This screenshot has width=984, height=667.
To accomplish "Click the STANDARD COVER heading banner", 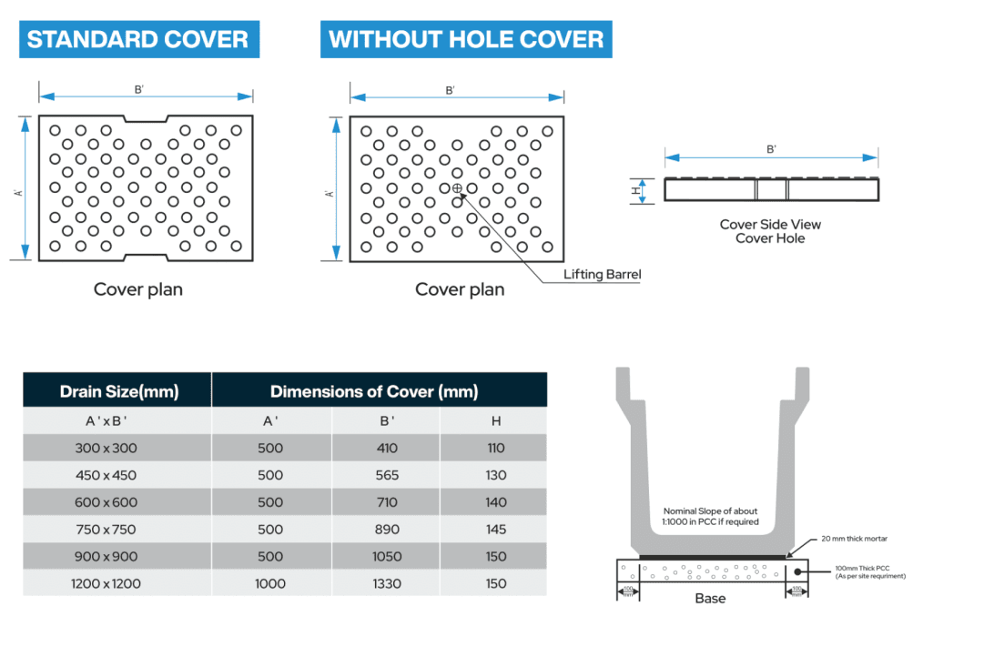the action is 138,40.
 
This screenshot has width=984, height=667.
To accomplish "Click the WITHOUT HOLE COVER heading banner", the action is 466,40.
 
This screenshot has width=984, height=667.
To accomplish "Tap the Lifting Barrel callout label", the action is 602,274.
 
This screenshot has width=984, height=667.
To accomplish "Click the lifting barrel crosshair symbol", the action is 457,188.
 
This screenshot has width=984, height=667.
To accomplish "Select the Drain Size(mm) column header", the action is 118,392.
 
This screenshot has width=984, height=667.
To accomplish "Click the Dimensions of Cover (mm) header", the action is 373,392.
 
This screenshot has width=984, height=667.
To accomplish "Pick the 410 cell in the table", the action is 387,448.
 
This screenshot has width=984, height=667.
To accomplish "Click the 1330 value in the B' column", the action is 387,583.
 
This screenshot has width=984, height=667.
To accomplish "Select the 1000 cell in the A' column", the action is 270,583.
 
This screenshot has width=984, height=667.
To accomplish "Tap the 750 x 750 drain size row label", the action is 106,529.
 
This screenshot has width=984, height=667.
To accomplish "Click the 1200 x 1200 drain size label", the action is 106,583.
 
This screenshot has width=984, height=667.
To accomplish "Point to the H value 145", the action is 496,529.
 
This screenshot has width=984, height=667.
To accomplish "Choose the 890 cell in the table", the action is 387,529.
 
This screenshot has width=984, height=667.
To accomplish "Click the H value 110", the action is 496,448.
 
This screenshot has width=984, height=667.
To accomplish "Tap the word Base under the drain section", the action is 710,599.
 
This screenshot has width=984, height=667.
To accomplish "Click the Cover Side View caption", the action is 770,224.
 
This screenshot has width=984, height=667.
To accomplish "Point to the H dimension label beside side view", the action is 637,190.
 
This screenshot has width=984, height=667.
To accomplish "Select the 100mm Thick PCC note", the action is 869,571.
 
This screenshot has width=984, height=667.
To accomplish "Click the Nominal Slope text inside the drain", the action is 711,516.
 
